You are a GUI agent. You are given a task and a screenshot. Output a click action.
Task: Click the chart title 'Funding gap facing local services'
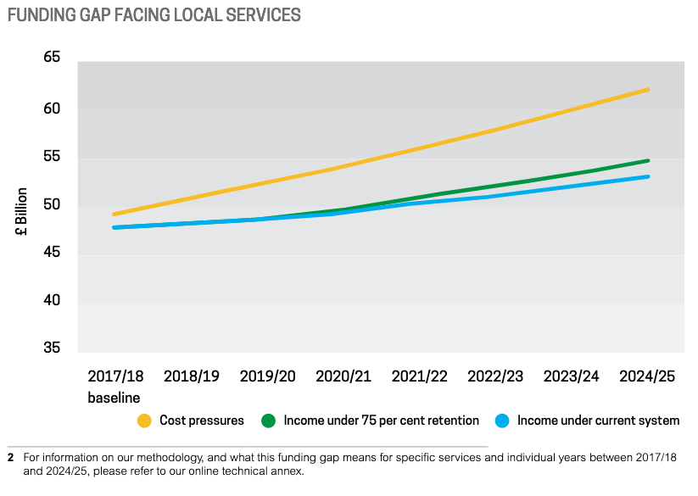point(154,15)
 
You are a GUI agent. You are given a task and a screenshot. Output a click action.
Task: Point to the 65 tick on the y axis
point(51,58)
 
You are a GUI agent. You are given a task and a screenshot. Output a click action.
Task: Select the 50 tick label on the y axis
point(51,205)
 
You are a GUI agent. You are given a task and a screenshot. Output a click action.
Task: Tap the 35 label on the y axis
point(51,348)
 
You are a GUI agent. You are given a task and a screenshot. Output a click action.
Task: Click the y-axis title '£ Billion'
point(22,211)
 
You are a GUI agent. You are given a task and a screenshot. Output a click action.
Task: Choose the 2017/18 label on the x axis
point(116,376)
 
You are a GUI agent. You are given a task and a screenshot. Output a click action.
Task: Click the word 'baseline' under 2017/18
point(114,397)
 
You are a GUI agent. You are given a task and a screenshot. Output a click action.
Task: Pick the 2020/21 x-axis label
point(343,376)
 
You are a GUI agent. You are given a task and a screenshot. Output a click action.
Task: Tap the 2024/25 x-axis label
point(647,376)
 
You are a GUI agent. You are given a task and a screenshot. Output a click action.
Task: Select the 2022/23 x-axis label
point(495,376)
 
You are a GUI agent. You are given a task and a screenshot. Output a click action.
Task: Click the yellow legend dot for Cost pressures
point(144,421)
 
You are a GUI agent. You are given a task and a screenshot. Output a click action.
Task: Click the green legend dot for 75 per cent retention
point(269,421)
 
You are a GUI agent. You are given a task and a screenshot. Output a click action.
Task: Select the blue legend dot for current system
point(502,421)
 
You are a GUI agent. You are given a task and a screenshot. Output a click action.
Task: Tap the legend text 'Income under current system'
point(598,421)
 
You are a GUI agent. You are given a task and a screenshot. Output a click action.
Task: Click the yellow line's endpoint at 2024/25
point(649,89)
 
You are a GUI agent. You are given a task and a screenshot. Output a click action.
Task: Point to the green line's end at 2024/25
point(649,160)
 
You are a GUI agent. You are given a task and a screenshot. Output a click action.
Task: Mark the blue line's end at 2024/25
point(649,176)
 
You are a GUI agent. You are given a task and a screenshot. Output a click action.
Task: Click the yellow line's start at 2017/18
point(114,214)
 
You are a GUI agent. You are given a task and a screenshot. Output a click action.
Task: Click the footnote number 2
point(10,458)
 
